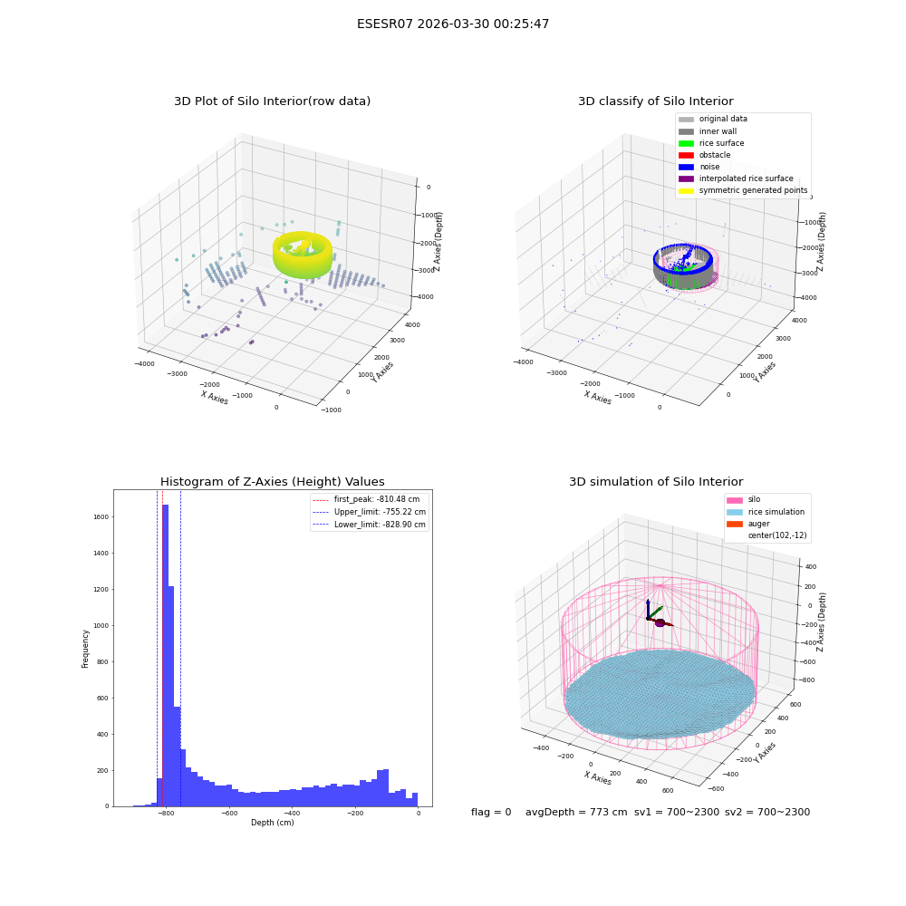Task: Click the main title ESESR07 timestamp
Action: point(453,24)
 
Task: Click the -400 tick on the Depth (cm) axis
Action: point(292,813)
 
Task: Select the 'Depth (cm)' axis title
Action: point(272,823)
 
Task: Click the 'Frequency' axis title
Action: point(85,649)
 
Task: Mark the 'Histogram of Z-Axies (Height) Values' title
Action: point(272,481)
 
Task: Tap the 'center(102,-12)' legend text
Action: point(777,535)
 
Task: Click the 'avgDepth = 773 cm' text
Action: point(576,812)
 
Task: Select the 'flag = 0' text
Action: point(491,812)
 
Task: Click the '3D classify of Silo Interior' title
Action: point(656,101)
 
